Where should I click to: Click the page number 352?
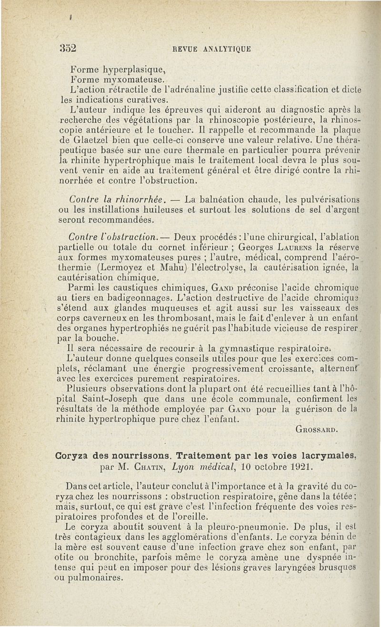point(69,48)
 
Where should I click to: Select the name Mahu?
point(180,268)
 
